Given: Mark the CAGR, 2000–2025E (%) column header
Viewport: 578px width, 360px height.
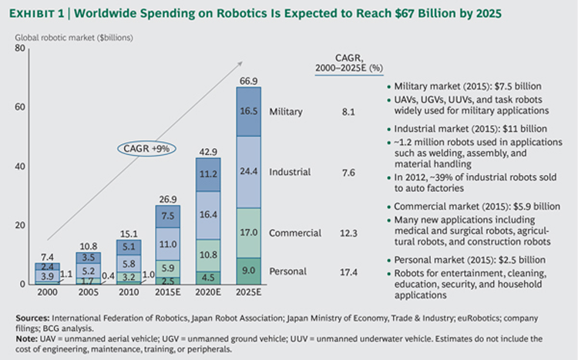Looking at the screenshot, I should point(348,62).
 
